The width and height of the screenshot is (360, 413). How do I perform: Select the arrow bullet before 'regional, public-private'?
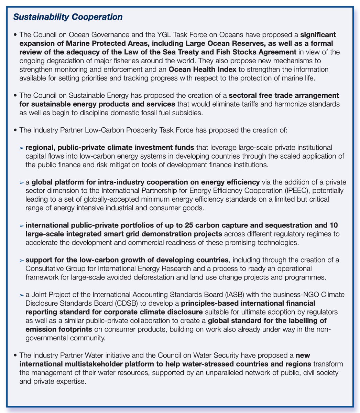[21, 148]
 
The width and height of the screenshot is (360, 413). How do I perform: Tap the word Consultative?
[42, 268]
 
